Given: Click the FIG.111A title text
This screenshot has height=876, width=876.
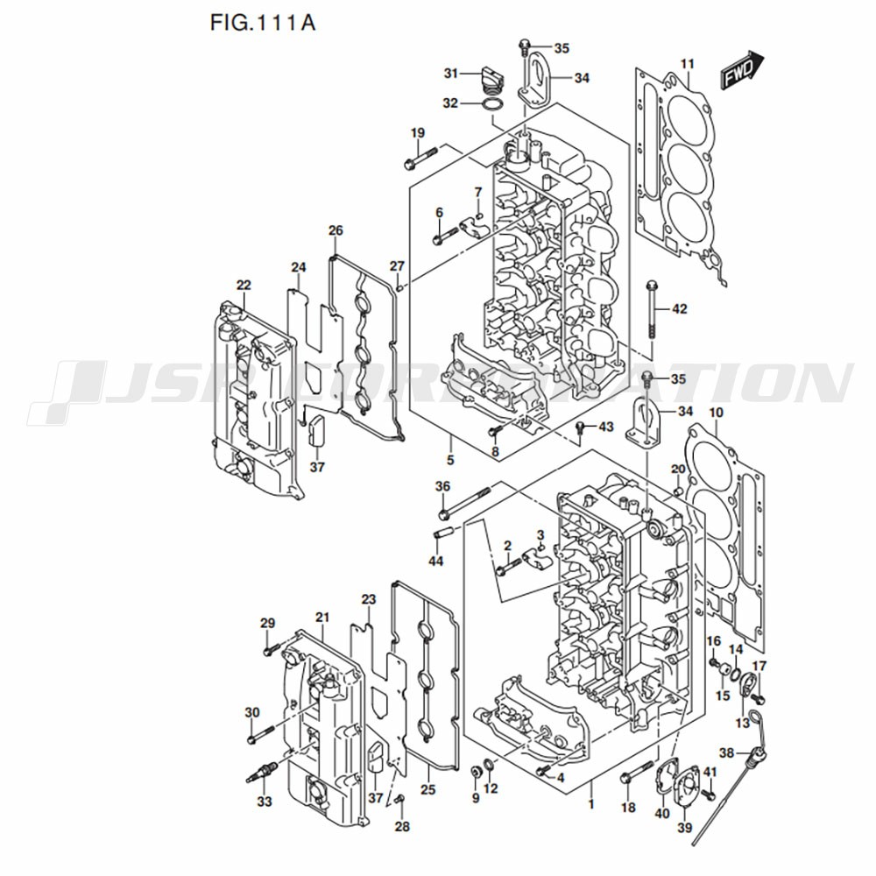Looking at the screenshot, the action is coord(263,23).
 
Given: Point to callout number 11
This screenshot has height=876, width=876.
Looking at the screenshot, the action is coord(687,64).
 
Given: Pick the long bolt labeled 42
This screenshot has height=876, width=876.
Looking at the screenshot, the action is coord(651,309).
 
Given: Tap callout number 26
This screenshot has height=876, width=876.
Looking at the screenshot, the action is coord(336,230).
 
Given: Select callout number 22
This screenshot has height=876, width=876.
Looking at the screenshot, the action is coord(244,285).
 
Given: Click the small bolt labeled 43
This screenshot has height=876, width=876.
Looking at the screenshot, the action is coord(582,427).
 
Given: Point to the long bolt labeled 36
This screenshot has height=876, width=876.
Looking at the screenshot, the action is coord(465,502).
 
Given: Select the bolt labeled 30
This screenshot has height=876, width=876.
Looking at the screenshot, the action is coord(260,734).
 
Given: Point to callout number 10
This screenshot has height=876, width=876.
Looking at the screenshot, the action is coord(716,413).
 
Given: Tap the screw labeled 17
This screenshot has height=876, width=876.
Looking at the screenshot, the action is coord(758,698).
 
